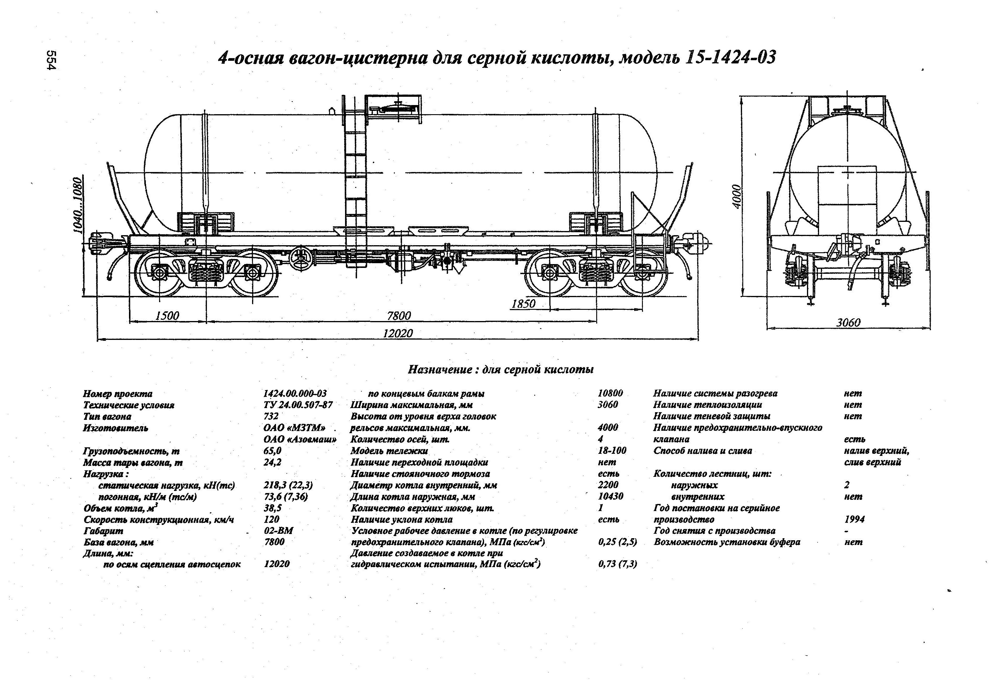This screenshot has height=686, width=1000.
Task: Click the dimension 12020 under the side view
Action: coord(398,333)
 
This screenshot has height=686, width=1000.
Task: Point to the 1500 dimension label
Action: coord(167,316)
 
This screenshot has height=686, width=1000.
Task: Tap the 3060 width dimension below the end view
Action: coord(848,322)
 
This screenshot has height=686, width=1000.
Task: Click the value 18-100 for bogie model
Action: coord(612,450)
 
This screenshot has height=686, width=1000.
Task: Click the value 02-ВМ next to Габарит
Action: coord(278,530)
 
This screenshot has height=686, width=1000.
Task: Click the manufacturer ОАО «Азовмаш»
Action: coord(300,439)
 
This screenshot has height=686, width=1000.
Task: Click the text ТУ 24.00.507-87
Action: coord(298,405)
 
